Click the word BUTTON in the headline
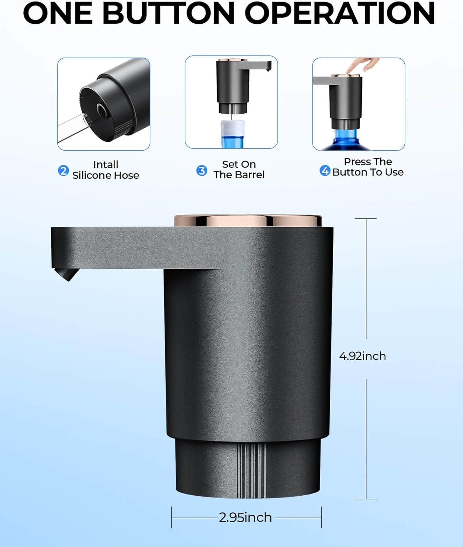(x=169, y=13)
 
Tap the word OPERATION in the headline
(x=342, y=13)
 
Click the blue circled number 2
(x=63, y=171)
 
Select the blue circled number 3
(x=202, y=171)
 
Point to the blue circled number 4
(x=325, y=171)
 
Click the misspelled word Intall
(x=106, y=164)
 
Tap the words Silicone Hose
(x=106, y=175)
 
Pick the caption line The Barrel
(x=239, y=175)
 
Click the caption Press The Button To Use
(x=368, y=167)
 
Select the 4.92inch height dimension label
(x=362, y=357)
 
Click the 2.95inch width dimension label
(x=246, y=517)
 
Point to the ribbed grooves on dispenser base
(x=251, y=471)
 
